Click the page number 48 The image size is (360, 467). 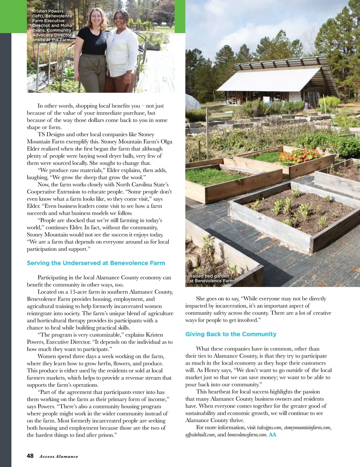click(x=30, y=456)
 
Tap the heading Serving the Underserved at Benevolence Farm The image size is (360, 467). click(x=96, y=263)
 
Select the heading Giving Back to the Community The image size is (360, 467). click(x=231, y=334)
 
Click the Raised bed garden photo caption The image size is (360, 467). click(x=211, y=278)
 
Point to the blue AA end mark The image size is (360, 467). click(x=272, y=434)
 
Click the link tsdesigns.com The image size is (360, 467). click(x=269, y=427)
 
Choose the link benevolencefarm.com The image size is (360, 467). click(x=247, y=435)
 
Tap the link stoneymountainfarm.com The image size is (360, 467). click(x=307, y=427)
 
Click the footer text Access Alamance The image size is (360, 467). click(x=59, y=457)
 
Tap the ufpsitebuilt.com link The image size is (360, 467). click(x=200, y=435)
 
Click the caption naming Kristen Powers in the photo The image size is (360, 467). click(x=52, y=25)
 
